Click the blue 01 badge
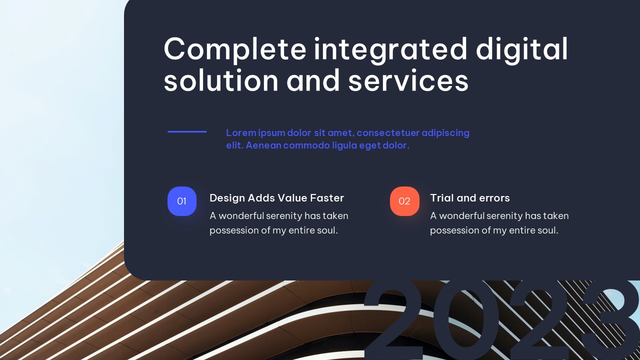[x=182, y=201]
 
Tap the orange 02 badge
[x=404, y=201]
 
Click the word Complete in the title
[x=235, y=49]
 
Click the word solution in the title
[x=221, y=80]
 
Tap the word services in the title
[x=408, y=80]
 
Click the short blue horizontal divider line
[x=187, y=131]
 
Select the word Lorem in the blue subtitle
[x=241, y=133]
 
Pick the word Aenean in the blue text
[x=263, y=145]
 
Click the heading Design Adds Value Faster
[x=276, y=198]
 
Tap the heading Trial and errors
[x=470, y=198]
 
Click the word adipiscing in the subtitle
[x=445, y=133]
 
